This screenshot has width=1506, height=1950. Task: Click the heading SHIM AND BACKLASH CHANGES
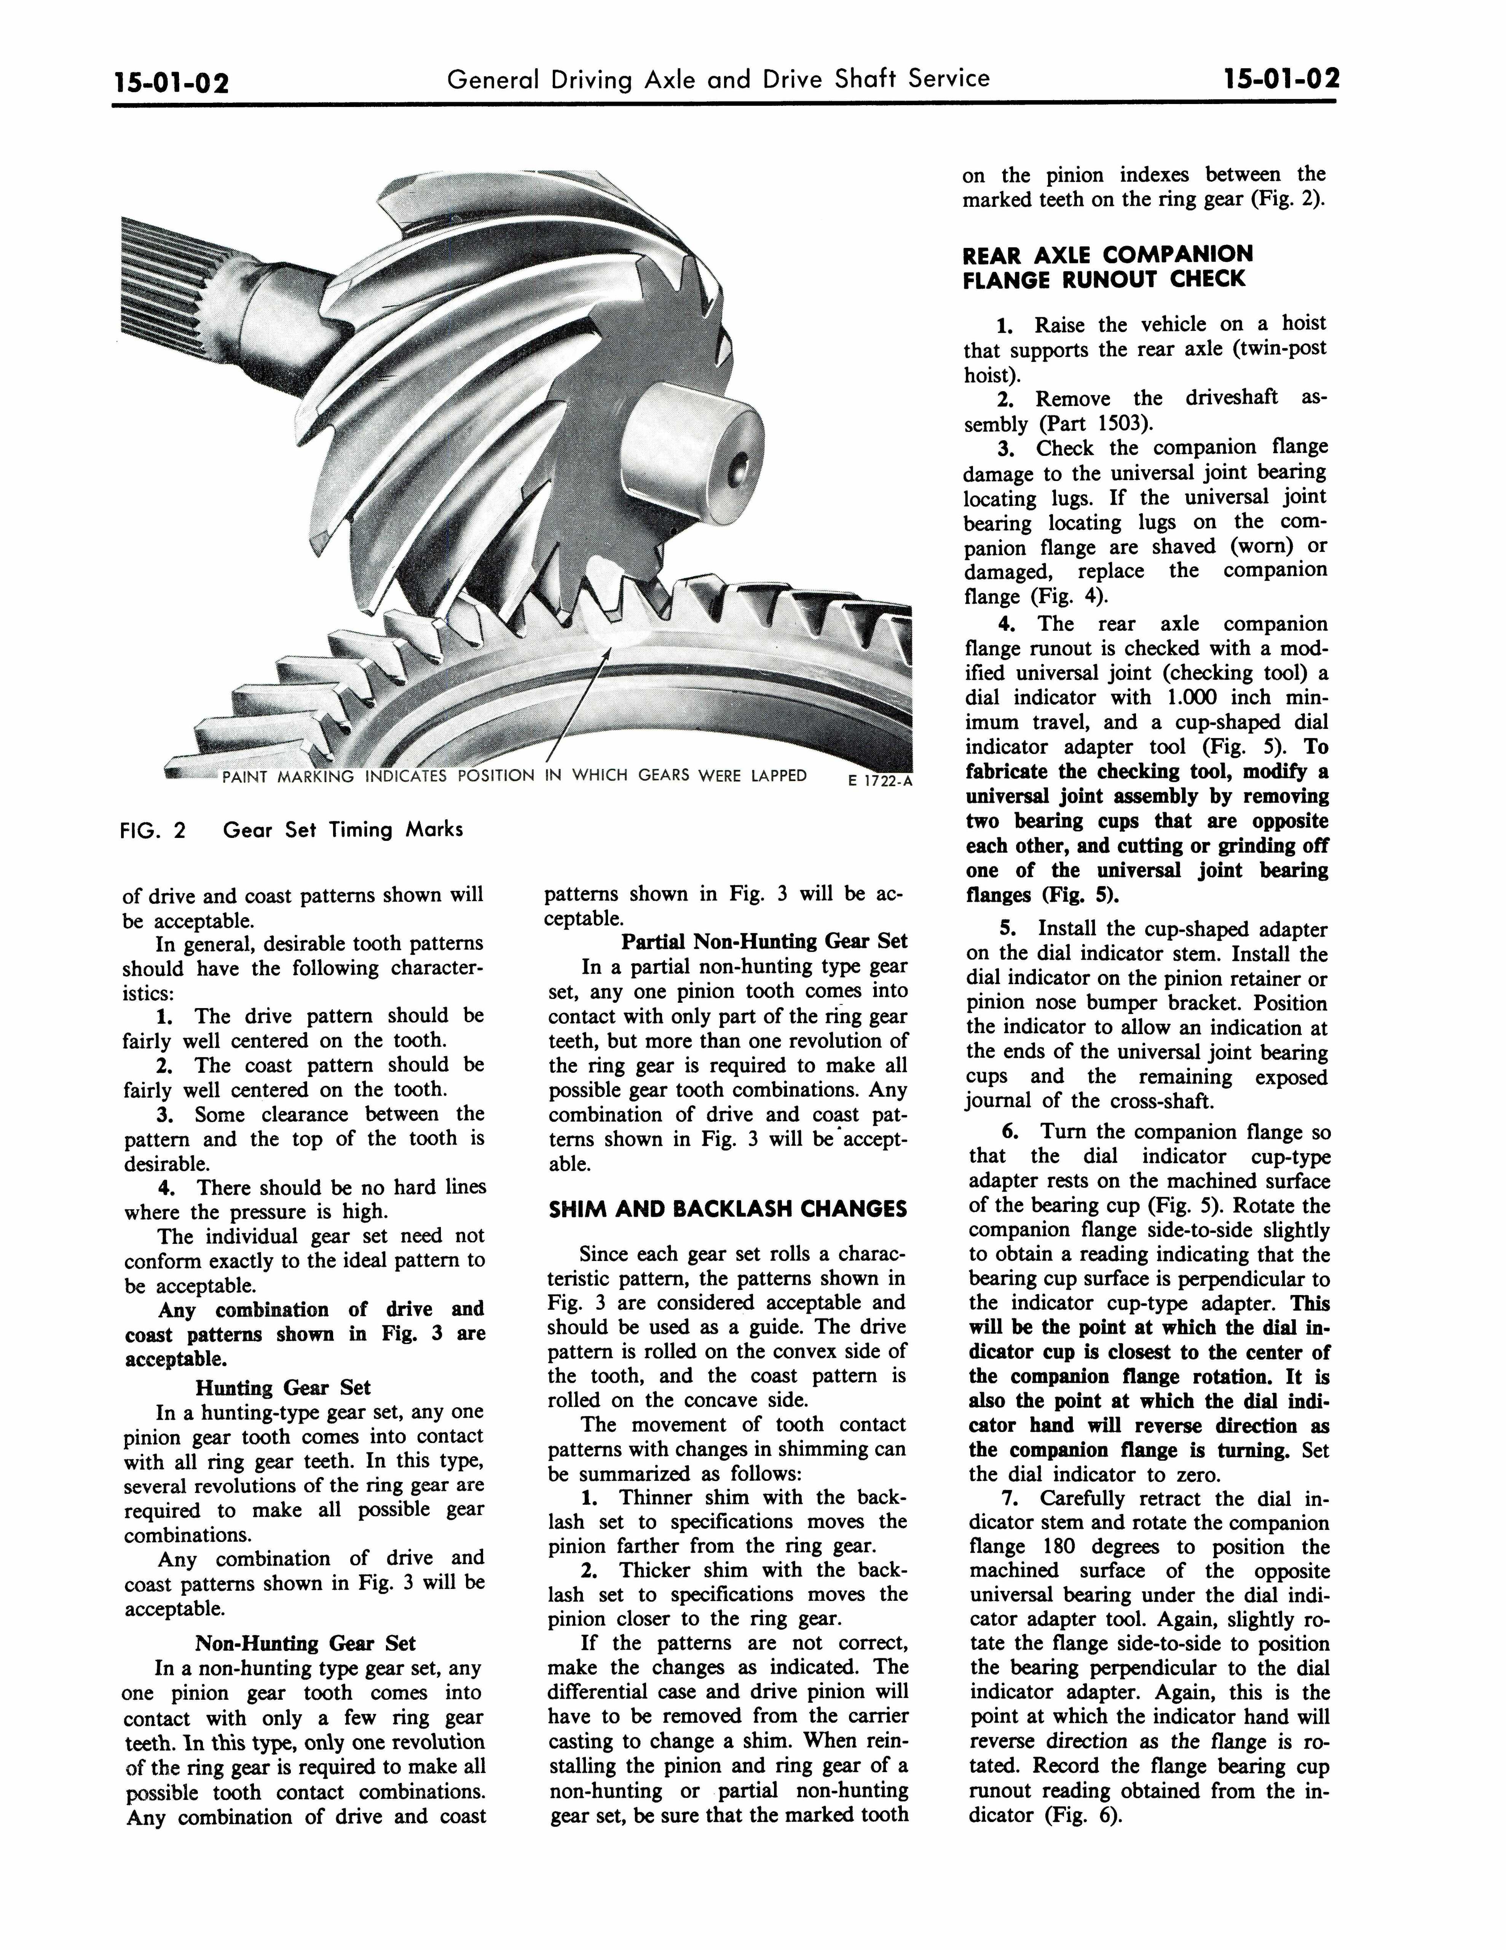pos(727,1210)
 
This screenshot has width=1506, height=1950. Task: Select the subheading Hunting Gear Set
pos(283,1387)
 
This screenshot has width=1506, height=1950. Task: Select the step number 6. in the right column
pos(1010,1132)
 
